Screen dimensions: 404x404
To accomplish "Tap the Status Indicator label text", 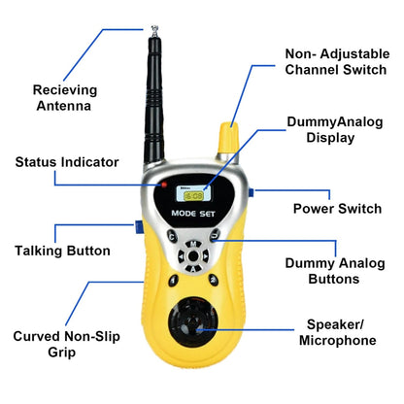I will (x=66, y=162).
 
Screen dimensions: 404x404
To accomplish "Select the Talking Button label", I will (x=61, y=251).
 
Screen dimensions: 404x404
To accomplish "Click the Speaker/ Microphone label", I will (x=341, y=333).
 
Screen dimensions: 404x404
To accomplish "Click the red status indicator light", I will (x=166, y=184).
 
